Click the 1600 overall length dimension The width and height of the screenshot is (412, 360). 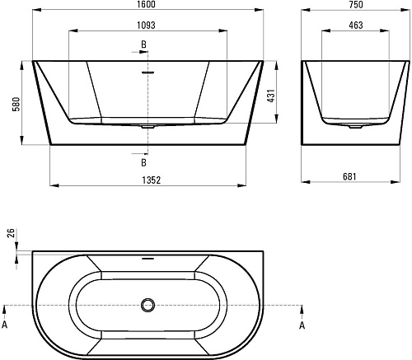[x=147, y=4]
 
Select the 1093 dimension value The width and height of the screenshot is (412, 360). [x=146, y=26]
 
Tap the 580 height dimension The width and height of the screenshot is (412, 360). [x=16, y=104]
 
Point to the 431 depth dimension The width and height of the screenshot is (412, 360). [x=271, y=96]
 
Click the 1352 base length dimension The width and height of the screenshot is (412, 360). [x=152, y=180]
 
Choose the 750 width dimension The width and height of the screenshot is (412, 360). [x=356, y=4]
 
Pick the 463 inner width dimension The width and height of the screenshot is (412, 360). [x=356, y=26]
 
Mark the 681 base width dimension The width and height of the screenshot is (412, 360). [x=349, y=176]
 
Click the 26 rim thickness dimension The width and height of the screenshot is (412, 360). [x=11, y=233]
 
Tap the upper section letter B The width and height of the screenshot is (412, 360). [x=143, y=44]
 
